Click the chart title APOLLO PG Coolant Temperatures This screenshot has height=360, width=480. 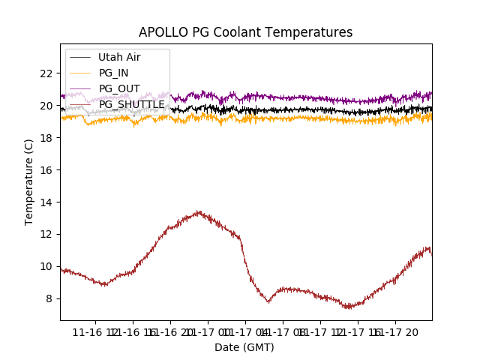pyautogui.click(x=245, y=32)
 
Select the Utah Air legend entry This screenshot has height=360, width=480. pyautogui.click(x=119, y=57)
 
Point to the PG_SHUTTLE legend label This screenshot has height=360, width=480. pyautogui.click(x=131, y=104)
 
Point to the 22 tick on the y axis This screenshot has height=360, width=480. pyautogui.click(x=46, y=73)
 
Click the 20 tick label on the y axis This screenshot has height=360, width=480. pyautogui.click(x=46, y=106)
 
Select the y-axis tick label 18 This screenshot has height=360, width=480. pyautogui.click(x=46, y=138)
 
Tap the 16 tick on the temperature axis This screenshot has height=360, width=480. pyautogui.click(x=46, y=170)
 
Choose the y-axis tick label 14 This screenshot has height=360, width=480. pyautogui.click(x=46, y=202)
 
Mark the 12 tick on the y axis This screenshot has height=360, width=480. pyautogui.click(x=46, y=234)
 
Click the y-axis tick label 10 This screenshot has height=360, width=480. pyautogui.click(x=46, y=266)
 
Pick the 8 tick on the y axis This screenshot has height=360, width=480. pyautogui.click(x=49, y=298)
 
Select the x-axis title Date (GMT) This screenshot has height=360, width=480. pyautogui.click(x=244, y=347)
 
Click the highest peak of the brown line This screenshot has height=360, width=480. pyautogui.click(x=199, y=212)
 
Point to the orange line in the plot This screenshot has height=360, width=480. pyautogui.click(x=300, y=118)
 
